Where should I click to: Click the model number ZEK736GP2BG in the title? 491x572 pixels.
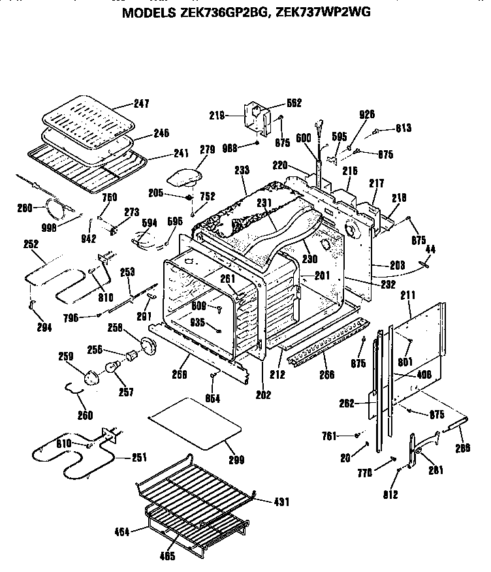[222, 11]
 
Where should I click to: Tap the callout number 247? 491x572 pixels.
[142, 104]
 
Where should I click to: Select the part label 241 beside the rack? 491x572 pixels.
[180, 154]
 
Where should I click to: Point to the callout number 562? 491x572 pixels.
[294, 103]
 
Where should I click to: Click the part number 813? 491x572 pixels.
[403, 129]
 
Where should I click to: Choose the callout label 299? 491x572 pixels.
[236, 460]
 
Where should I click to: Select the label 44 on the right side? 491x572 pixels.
[430, 249]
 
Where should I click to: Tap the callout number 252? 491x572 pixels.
[30, 244]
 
